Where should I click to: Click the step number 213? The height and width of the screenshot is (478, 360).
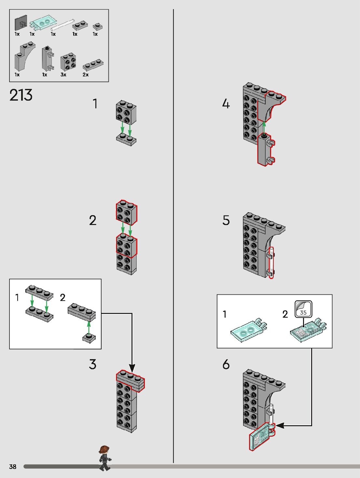pos(21,95)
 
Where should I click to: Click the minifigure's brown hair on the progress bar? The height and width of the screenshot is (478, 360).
pos(104,449)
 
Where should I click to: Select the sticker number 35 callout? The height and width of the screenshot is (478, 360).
pos(303,309)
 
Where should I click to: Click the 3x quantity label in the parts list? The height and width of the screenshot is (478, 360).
pos(63,75)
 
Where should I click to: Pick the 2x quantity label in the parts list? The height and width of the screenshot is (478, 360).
pos(86,75)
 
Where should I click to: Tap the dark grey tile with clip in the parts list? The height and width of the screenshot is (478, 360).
pos(21,23)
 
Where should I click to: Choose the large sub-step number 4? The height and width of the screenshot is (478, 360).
pos(226,104)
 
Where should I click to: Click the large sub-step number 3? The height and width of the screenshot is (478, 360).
pos(92,364)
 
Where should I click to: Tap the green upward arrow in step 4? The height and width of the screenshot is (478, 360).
pos(264,128)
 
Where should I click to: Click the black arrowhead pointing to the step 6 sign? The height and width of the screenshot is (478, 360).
pos(280,425)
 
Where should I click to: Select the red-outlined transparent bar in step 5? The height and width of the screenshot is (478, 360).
pos(271,263)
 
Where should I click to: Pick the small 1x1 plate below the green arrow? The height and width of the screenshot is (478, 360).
pos(89,338)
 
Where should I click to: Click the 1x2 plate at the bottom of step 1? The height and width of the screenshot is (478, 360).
pos(126,139)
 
